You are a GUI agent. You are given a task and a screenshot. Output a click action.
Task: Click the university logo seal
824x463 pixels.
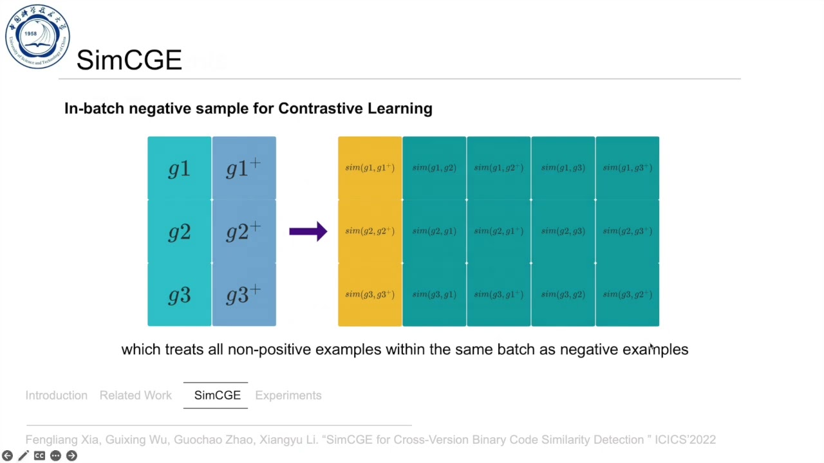coord(37,37)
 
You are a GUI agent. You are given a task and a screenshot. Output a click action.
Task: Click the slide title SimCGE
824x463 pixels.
coord(129,60)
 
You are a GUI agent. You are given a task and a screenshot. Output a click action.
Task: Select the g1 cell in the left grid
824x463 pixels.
coord(179,168)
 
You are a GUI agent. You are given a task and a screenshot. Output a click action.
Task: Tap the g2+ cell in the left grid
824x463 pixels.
coord(243,232)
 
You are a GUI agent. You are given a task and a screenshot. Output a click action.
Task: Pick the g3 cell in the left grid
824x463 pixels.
coord(179,295)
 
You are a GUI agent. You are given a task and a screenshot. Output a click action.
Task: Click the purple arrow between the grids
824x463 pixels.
coord(308,232)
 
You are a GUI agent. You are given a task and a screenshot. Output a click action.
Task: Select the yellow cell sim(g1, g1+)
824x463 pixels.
coord(370,168)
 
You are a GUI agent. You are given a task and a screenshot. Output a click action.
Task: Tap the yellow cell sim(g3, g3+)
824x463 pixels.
coord(370,295)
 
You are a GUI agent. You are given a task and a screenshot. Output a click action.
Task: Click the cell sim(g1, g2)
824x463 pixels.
coord(434,168)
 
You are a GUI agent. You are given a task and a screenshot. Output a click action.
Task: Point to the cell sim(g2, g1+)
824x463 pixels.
coord(498,231)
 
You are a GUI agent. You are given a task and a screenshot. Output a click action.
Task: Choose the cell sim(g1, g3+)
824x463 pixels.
coord(627,168)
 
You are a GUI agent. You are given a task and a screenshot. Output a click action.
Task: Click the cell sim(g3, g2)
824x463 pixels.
coord(563,295)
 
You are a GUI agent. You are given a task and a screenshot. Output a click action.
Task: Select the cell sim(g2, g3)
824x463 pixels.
coord(563,231)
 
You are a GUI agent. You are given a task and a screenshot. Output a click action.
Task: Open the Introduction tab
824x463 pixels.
coord(57,395)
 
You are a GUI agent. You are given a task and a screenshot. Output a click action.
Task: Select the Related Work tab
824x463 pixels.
coord(136,395)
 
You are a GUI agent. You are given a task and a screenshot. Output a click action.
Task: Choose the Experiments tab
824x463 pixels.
coord(288,395)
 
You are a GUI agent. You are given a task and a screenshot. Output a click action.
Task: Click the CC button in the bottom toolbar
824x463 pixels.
coord(39,456)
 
